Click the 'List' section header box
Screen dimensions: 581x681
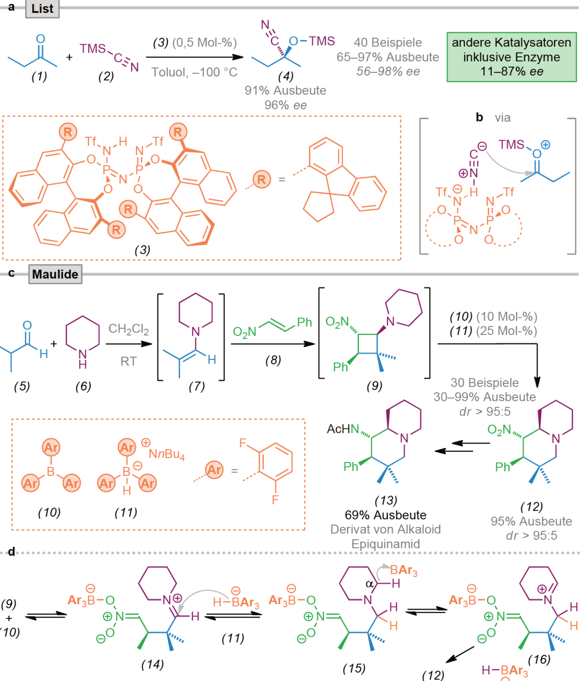[x=43, y=9]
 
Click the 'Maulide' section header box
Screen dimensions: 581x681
[x=55, y=274]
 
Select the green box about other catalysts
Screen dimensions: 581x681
[x=511, y=57]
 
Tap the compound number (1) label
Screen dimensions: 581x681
[x=40, y=76]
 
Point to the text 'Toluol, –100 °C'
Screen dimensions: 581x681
[x=195, y=72]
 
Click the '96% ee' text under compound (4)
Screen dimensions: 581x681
[x=286, y=105]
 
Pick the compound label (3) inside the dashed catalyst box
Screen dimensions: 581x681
[x=143, y=250]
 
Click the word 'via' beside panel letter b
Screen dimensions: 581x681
[x=502, y=118]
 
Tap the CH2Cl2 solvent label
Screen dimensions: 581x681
[x=128, y=330]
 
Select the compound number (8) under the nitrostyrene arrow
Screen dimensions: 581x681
[x=273, y=360]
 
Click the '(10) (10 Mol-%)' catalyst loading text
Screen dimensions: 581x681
[x=493, y=317]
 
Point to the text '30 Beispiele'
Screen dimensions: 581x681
[x=485, y=383]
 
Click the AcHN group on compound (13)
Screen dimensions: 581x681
[x=343, y=429]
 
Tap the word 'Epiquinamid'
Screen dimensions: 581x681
[x=386, y=544]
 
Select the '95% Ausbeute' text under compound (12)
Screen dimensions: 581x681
[x=531, y=521]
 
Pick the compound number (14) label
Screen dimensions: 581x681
[x=152, y=664]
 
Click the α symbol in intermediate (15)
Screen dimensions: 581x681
[x=369, y=584]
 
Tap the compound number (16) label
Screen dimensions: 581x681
[x=539, y=659]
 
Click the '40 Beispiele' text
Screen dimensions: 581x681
[x=388, y=43]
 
